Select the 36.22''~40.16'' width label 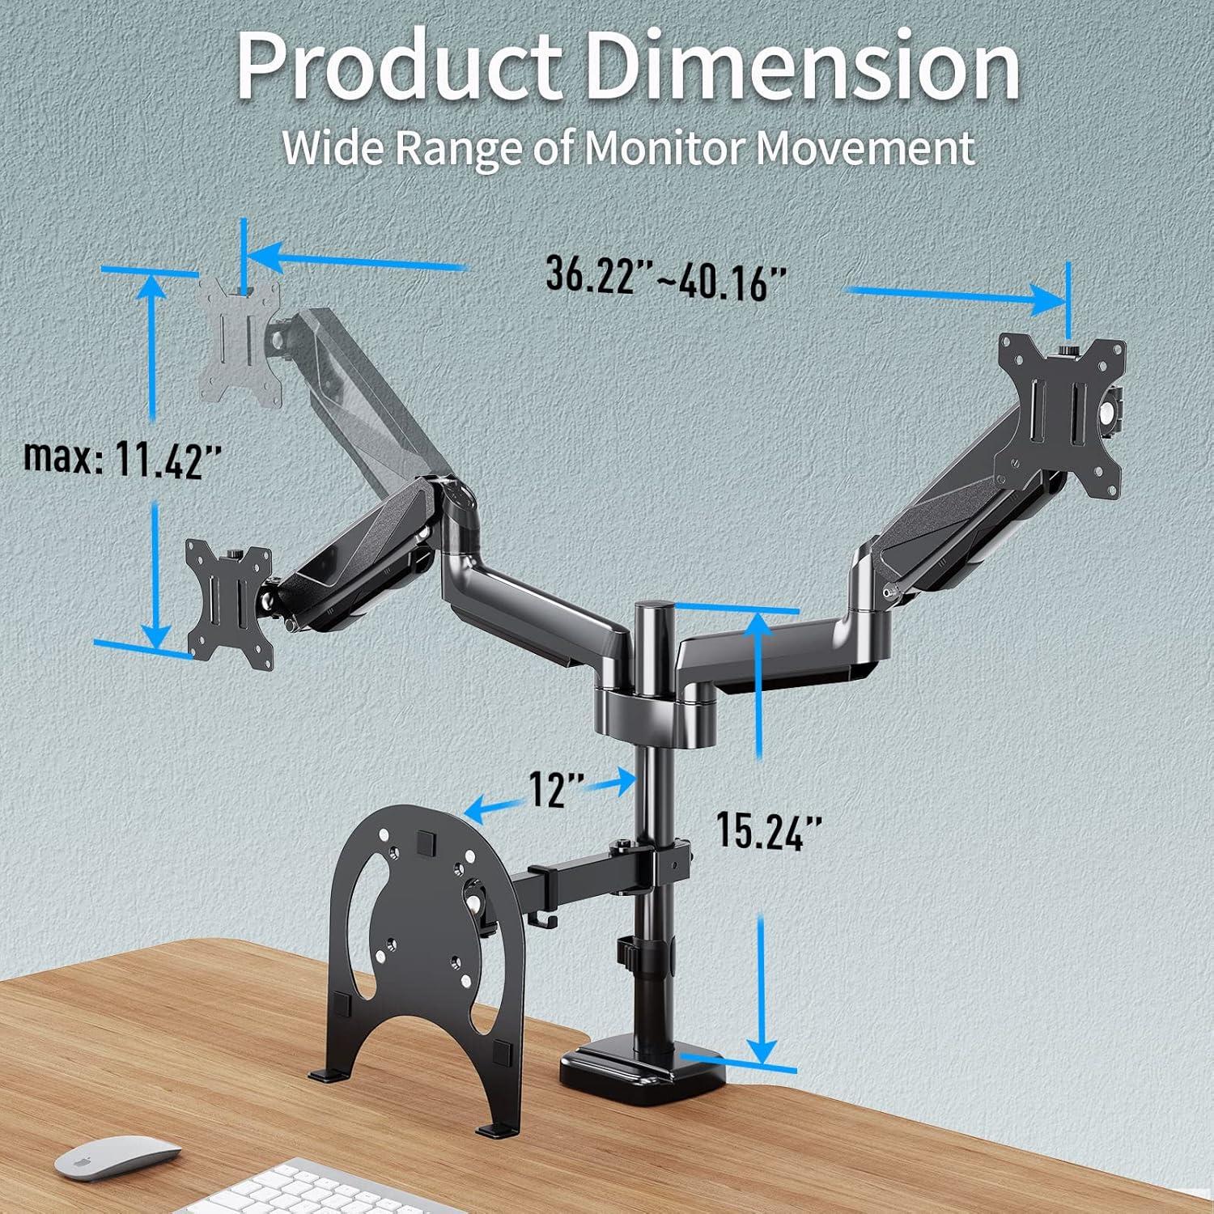coord(666,278)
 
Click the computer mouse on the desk coord(118,1160)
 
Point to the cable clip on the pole coord(626,952)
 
